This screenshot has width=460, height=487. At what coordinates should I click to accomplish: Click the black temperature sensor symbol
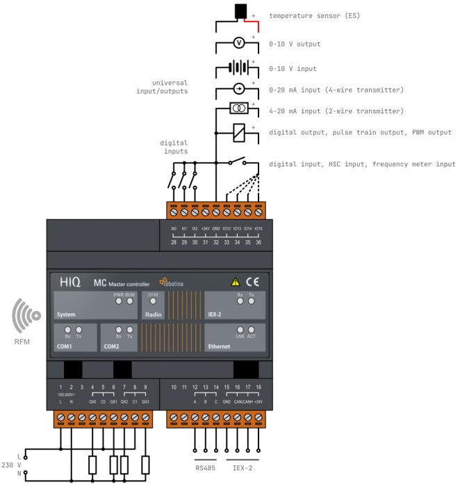(x=241, y=11)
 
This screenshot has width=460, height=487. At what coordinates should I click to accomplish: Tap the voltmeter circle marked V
(x=238, y=43)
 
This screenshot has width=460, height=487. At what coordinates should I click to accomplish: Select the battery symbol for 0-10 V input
(x=238, y=68)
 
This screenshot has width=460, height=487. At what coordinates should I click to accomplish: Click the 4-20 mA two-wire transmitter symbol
(x=238, y=109)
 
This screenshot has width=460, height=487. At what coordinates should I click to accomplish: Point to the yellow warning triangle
(x=235, y=282)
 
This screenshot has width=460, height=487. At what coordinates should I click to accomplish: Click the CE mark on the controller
(x=252, y=282)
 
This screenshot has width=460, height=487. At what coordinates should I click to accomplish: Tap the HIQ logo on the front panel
(x=69, y=282)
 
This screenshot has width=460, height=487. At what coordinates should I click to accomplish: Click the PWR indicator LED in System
(x=119, y=301)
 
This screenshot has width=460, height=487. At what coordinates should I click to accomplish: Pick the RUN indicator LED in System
(x=130, y=301)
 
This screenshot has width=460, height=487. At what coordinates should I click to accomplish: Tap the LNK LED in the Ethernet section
(x=240, y=330)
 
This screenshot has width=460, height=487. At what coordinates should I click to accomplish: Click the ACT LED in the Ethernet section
(x=251, y=330)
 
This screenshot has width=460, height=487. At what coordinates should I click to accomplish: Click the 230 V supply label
(x=10, y=465)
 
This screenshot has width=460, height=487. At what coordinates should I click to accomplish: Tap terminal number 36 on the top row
(x=258, y=241)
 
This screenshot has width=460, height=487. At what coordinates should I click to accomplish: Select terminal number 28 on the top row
(x=174, y=241)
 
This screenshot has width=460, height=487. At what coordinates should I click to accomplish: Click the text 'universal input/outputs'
(x=165, y=87)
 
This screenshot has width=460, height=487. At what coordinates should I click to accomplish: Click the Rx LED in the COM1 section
(x=67, y=330)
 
